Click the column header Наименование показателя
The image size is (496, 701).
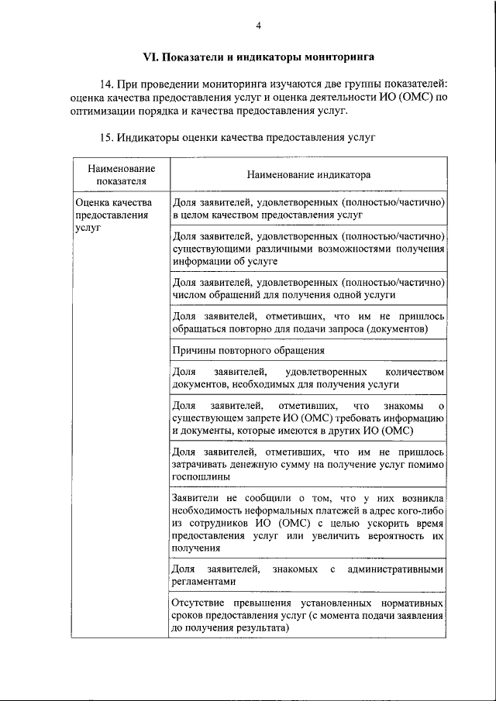click(x=121, y=175)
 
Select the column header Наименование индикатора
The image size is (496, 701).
click(x=308, y=175)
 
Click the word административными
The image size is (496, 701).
click(x=396, y=569)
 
